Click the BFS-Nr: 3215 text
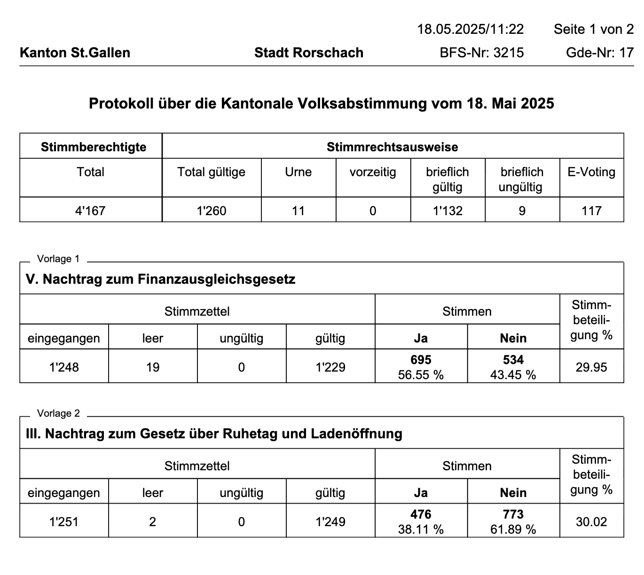pyautogui.click(x=481, y=53)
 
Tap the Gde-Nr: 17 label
pyautogui.click(x=600, y=53)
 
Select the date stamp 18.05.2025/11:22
pyautogui.click(x=470, y=29)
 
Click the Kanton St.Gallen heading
pyautogui.click(x=75, y=53)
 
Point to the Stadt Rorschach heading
pyautogui.click(x=309, y=53)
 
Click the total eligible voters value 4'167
pyautogui.click(x=90, y=210)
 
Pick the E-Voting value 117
pyautogui.click(x=591, y=210)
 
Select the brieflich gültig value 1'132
pyautogui.click(x=448, y=210)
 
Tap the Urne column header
pyautogui.click(x=298, y=172)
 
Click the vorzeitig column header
pyautogui.click(x=373, y=172)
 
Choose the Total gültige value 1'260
pyautogui.click(x=212, y=210)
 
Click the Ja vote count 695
pyautogui.click(x=421, y=360)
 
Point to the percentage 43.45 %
pyautogui.click(x=513, y=375)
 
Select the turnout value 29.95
pyautogui.click(x=591, y=367)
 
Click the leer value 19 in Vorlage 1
pyautogui.click(x=153, y=367)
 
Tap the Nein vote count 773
pyautogui.click(x=513, y=514)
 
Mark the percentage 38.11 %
pyautogui.click(x=421, y=529)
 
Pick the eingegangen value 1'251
pyautogui.click(x=64, y=521)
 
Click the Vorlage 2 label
pyautogui.click(x=58, y=413)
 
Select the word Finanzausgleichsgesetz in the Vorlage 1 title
pyautogui.click(x=216, y=280)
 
